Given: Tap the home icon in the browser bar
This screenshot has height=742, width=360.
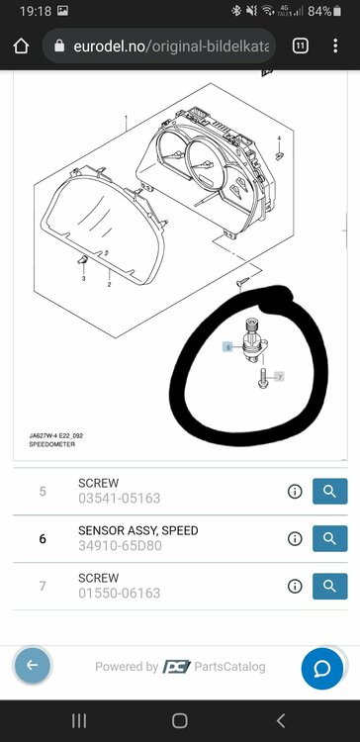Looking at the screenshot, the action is pos(22,46).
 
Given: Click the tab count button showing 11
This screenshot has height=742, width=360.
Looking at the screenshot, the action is pos(301,46).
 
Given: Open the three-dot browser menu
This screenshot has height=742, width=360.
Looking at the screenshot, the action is pos(335,46).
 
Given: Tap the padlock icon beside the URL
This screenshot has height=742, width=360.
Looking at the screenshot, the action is pos(59,46).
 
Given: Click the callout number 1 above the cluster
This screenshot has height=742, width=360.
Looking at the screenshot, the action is pos(126,118).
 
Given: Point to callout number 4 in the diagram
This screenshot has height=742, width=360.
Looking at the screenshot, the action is pos(279,139).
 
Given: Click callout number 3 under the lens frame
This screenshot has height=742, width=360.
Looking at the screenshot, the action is pos(84,279).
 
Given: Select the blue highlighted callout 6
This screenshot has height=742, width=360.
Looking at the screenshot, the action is pos(228,347).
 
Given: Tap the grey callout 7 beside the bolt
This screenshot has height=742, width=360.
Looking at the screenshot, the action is pos(280,377).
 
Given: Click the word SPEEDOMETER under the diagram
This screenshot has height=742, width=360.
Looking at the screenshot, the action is pos(52,444).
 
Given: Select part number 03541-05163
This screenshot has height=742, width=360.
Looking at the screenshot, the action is pos(120,499).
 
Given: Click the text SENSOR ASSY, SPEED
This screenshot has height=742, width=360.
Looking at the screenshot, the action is pos(138,530).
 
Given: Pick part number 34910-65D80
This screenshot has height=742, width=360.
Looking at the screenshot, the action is pos(120,545).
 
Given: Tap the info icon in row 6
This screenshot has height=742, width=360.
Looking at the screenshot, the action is pos(295,539).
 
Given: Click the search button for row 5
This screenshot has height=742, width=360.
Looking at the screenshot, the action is pos(329,491).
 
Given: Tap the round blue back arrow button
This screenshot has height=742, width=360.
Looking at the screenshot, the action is pos(33,666).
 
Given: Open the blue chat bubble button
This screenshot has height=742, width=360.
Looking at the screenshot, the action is pos(322,669).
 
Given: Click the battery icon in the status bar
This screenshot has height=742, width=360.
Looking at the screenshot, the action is pos(337,11).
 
